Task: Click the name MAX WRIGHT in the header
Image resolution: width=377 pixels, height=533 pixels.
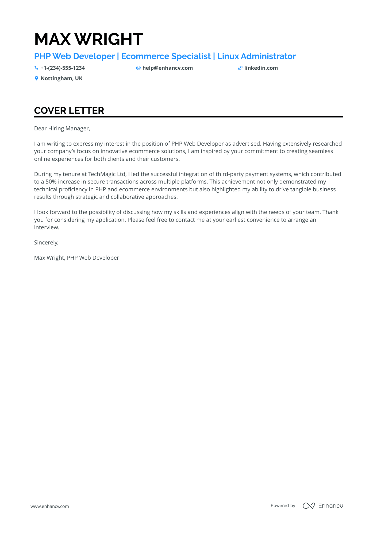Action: (89, 39)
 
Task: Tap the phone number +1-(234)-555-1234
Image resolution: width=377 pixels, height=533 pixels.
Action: (63, 68)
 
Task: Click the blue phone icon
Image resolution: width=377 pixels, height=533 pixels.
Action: (36, 68)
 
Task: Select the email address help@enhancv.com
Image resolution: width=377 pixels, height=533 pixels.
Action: (167, 68)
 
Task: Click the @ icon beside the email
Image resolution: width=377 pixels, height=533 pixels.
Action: (138, 68)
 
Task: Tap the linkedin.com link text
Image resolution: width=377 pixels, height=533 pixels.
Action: (261, 68)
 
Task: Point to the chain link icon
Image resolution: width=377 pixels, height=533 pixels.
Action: (240, 68)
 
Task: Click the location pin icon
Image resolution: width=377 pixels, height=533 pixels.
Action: (36, 79)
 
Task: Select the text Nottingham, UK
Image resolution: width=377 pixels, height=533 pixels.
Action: (61, 79)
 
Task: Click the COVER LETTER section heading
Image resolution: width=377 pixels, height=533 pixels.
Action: (69, 111)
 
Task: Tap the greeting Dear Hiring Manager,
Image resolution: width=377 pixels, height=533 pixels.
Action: (62, 129)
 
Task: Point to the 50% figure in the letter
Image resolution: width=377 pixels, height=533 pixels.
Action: (51, 182)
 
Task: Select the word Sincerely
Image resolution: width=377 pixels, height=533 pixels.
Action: (46, 243)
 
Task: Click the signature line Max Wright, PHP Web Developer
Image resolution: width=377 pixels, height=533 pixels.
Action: (76, 258)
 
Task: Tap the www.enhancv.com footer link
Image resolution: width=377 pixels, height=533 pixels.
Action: (50, 506)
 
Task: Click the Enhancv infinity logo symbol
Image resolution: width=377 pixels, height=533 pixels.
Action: (309, 506)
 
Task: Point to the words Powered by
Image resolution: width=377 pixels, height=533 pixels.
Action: (283, 506)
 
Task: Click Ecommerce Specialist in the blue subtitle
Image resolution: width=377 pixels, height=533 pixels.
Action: (166, 56)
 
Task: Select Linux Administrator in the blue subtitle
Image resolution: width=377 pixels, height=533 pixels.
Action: (256, 56)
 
